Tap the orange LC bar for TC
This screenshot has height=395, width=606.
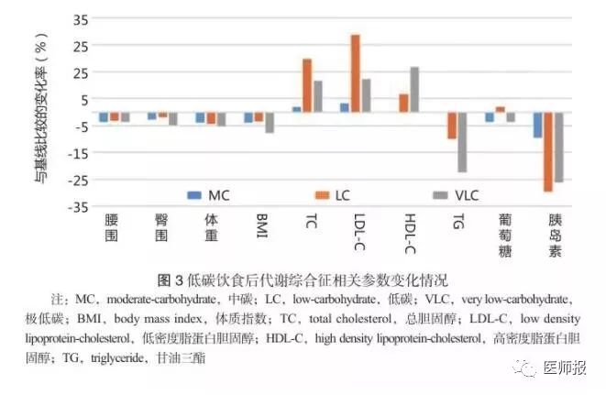(x=307, y=85)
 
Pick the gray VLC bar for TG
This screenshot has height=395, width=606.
(x=462, y=142)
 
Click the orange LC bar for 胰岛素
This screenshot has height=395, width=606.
(x=547, y=151)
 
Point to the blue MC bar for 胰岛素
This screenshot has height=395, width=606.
(x=537, y=125)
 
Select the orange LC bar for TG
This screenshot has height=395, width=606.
(x=452, y=126)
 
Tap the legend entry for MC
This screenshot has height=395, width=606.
(x=209, y=195)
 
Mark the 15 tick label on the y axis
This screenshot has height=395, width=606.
(x=81, y=72)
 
